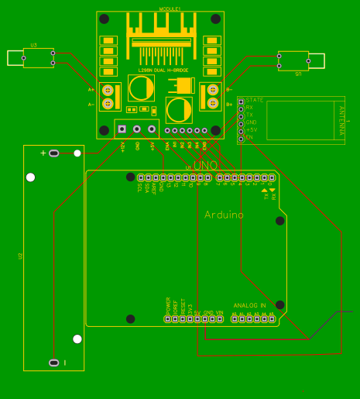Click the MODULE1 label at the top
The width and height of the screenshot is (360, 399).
click(170, 9)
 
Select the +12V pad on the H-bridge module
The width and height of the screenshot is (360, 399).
click(122, 129)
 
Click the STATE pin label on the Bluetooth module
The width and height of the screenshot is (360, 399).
click(255, 100)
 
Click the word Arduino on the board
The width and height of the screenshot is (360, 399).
click(224, 215)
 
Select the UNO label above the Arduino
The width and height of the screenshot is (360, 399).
click(205, 166)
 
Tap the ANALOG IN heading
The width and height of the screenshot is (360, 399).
click(249, 306)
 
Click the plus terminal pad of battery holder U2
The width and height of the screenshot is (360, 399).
click(53, 153)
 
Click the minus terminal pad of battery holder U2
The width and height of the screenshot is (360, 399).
click(53, 363)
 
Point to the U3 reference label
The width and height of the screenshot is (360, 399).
click(33, 45)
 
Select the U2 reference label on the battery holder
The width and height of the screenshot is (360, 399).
click(21, 256)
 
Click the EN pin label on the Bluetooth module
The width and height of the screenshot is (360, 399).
click(249, 136)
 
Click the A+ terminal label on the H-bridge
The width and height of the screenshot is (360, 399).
click(91, 89)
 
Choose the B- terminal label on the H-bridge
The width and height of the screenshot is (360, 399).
click(229, 89)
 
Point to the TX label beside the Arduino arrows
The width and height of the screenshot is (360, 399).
click(266, 197)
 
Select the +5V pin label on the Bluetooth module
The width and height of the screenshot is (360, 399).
click(252, 129)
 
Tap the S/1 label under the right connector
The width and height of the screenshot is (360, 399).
click(298, 74)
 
